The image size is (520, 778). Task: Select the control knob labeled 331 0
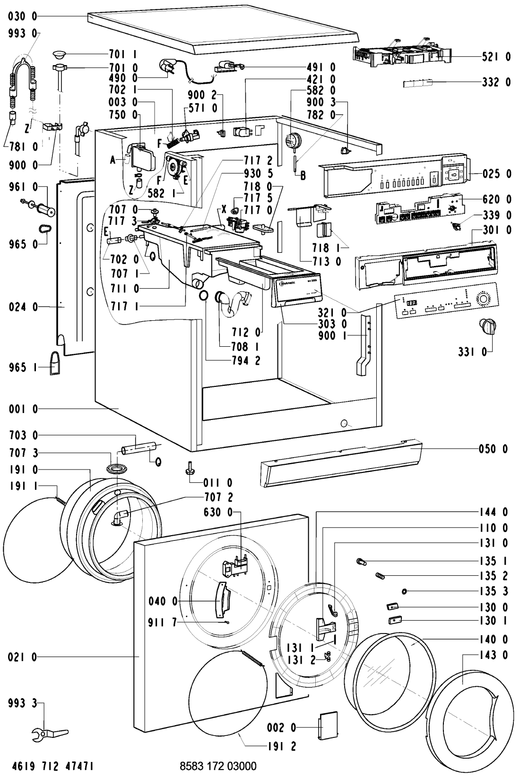[488, 326]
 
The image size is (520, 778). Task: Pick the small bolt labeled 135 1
[362, 561]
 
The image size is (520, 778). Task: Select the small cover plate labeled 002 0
[325, 729]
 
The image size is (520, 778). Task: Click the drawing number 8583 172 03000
[218, 765]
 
